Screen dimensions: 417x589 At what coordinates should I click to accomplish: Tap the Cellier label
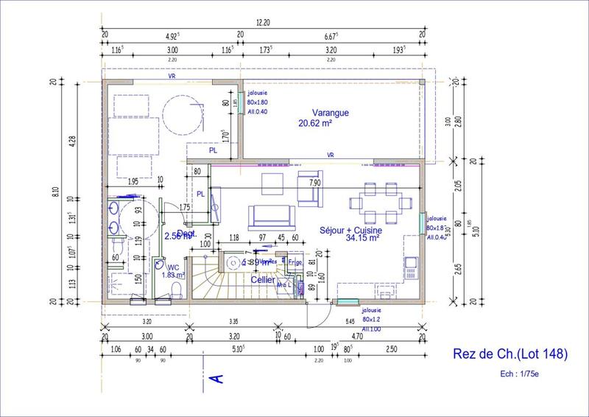pos(263,279)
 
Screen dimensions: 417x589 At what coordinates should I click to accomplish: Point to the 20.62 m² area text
pos(315,124)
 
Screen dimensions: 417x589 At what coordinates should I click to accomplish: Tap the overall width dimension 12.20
pos(263,24)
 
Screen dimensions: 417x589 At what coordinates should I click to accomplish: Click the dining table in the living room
pos(378,202)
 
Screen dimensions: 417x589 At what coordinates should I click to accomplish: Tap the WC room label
pos(173,267)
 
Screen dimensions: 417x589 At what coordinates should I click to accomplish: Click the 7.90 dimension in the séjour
pos(315,182)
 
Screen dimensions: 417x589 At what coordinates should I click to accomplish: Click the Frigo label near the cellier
pos(295,262)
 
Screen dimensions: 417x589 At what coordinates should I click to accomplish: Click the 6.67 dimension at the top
pos(331,35)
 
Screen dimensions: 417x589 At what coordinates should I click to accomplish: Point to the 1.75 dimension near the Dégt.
pos(186,208)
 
